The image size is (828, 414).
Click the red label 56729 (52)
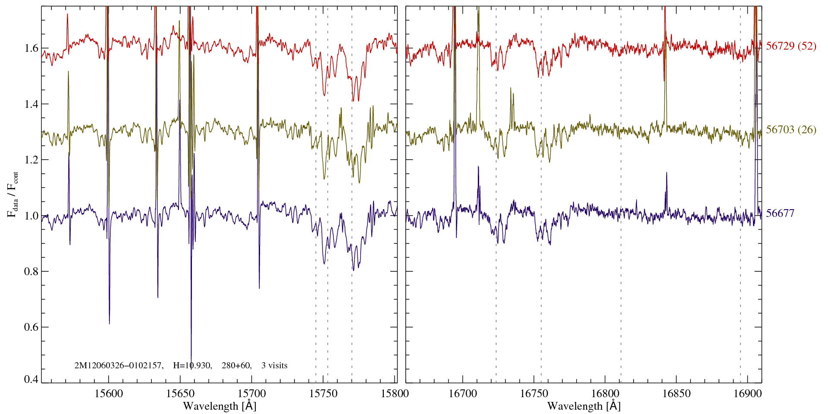tap(791, 46)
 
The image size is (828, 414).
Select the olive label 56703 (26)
tap(791, 130)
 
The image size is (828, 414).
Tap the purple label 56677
tap(780, 213)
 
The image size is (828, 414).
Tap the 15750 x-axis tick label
tap(323, 393)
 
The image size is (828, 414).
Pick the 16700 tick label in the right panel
tap(462, 393)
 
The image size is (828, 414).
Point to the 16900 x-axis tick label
tap(747, 393)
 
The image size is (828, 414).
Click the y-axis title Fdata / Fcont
tap(13, 194)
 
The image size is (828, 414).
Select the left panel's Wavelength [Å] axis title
tap(220, 406)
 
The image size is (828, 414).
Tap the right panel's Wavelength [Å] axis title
tap(584, 406)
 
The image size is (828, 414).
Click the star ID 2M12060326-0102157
tap(119, 366)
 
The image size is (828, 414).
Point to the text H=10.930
tap(192, 366)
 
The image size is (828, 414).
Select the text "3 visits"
tap(274, 366)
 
